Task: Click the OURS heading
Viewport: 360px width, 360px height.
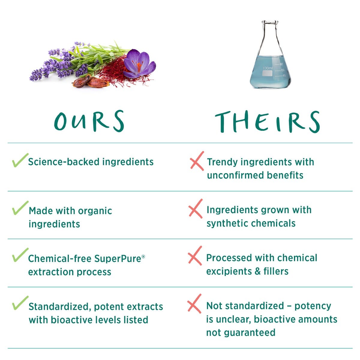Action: click(x=89, y=121)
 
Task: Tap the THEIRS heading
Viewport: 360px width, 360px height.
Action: click(x=267, y=121)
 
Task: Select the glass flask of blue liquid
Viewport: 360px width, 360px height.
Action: click(x=270, y=54)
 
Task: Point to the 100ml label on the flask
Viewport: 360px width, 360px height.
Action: click(x=268, y=68)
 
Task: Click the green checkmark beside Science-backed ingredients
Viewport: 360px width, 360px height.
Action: click(x=20, y=160)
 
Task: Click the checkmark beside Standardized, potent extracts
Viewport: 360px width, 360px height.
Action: click(x=20, y=303)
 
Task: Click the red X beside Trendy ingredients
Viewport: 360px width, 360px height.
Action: click(x=197, y=161)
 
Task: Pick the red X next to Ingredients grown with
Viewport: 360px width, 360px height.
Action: click(x=196, y=209)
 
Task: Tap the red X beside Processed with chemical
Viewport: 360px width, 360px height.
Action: click(x=195, y=256)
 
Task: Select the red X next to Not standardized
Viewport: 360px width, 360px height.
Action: click(x=194, y=304)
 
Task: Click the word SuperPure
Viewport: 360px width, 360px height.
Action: click(x=118, y=259)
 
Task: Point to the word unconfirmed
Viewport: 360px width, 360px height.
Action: click(x=235, y=175)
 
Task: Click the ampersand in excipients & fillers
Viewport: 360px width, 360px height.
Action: click(x=258, y=271)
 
